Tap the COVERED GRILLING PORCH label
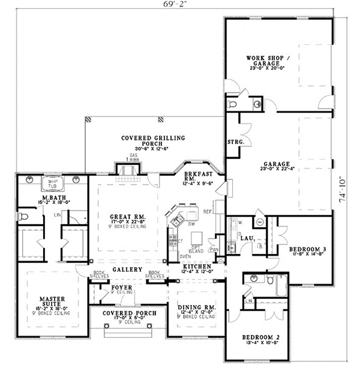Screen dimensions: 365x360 click(x=152, y=141)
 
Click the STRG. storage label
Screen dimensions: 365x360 click(x=235, y=142)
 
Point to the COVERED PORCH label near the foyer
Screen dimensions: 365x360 click(x=130, y=313)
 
